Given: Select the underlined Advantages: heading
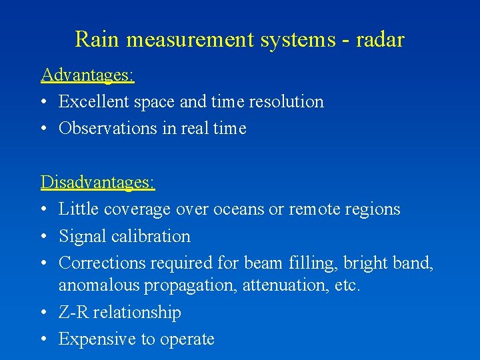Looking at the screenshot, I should pyautogui.click(x=87, y=75).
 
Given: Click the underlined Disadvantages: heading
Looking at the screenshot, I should pyautogui.click(x=97, y=181).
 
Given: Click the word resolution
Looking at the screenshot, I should pyautogui.click(x=286, y=102).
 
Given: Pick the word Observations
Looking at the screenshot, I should pyautogui.click(x=108, y=129).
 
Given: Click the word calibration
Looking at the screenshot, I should pyautogui.click(x=153, y=237).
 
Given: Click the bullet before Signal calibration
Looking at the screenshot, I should pyautogui.click(x=44, y=237).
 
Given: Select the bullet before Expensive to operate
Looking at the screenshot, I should pyautogui.click(x=44, y=339).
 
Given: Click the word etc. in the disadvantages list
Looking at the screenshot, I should pyautogui.click(x=347, y=286).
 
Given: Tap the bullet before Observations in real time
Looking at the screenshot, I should pyautogui.click(x=44, y=129).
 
